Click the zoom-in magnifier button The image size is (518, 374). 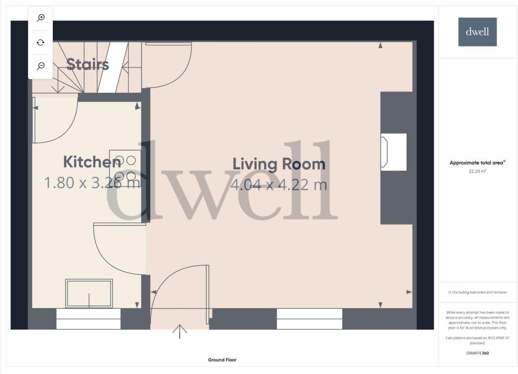tap(40, 18)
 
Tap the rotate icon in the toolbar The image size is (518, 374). tap(40, 42)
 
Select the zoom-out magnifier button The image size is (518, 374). tap(40, 66)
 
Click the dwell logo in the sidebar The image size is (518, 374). tap(478, 32)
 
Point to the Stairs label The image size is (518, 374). tap(88, 64)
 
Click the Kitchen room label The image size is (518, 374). tap(92, 162)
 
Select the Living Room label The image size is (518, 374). tap(279, 164)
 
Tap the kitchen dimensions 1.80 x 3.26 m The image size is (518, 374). tap(92, 182)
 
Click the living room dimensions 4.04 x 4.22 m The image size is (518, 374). tap(279, 184)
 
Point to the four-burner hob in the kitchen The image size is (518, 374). tap(125, 168)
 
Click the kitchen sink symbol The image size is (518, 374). tap(89, 294)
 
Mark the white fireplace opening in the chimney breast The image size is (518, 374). tap(393, 152)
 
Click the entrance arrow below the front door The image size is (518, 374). tap(180, 331)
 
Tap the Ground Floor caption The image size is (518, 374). tap(222, 360)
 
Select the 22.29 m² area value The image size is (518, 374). tap(478, 171)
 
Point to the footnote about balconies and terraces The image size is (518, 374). tap(478, 292)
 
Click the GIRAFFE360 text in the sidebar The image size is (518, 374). tap(478, 353)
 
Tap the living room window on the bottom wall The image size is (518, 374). tap(309, 319)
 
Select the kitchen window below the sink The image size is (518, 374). tap(88, 319)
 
